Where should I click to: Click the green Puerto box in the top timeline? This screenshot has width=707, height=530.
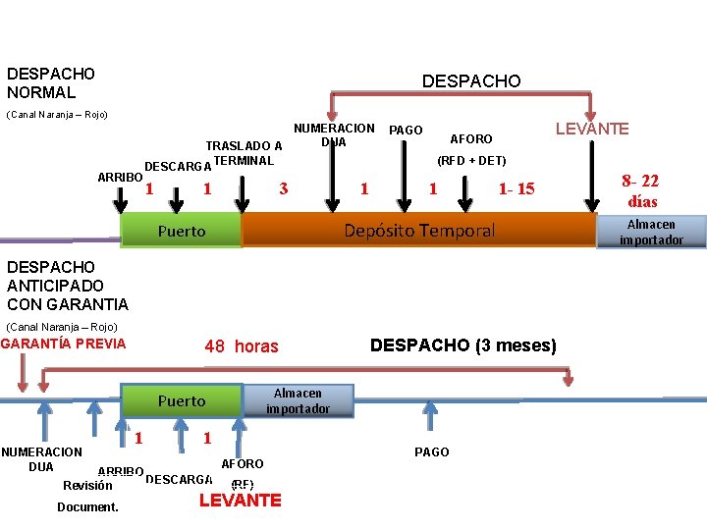pyautogui.click(x=181, y=231)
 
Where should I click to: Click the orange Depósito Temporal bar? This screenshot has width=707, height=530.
pyautogui.click(x=419, y=231)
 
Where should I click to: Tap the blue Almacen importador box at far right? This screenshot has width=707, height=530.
pyautogui.click(x=651, y=233)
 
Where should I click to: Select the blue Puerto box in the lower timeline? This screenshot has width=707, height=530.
pyautogui.click(x=181, y=400)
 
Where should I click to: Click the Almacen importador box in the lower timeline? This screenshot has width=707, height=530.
pyautogui.click(x=298, y=400)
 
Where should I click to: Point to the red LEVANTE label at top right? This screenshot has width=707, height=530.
pyautogui.click(x=592, y=129)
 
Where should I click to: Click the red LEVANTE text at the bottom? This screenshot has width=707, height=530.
pyautogui.click(x=240, y=501)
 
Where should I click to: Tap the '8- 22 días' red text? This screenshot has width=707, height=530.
pyautogui.click(x=642, y=190)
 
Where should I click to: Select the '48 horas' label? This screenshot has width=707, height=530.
pyautogui.click(x=241, y=346)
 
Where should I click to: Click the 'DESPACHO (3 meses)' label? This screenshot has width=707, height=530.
pyautogui.click(x=462, y=345)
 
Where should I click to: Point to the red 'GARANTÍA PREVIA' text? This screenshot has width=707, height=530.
pyautogui.click(x=64, y=344)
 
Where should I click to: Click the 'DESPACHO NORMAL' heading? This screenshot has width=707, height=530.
pyautogui.click(x=50, y=82)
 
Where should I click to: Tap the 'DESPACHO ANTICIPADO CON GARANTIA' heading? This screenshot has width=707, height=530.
pyautogui.click(x=67, y=285)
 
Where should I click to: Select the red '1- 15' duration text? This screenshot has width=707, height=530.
pyautogui.click(x=517, y=188)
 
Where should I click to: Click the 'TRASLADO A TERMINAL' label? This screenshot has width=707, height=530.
pyautogui.click(x=244, y=154)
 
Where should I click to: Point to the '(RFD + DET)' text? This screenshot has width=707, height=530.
pyautogui.click(x=471, y=160)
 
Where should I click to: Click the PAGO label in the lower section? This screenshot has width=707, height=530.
pyautogui.click(x=432, y=451)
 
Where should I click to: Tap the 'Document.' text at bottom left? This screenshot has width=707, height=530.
pyautogui.click(x=87, y=506)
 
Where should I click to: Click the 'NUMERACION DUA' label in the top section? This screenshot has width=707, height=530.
pyautogui.click(x=334, y=135)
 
